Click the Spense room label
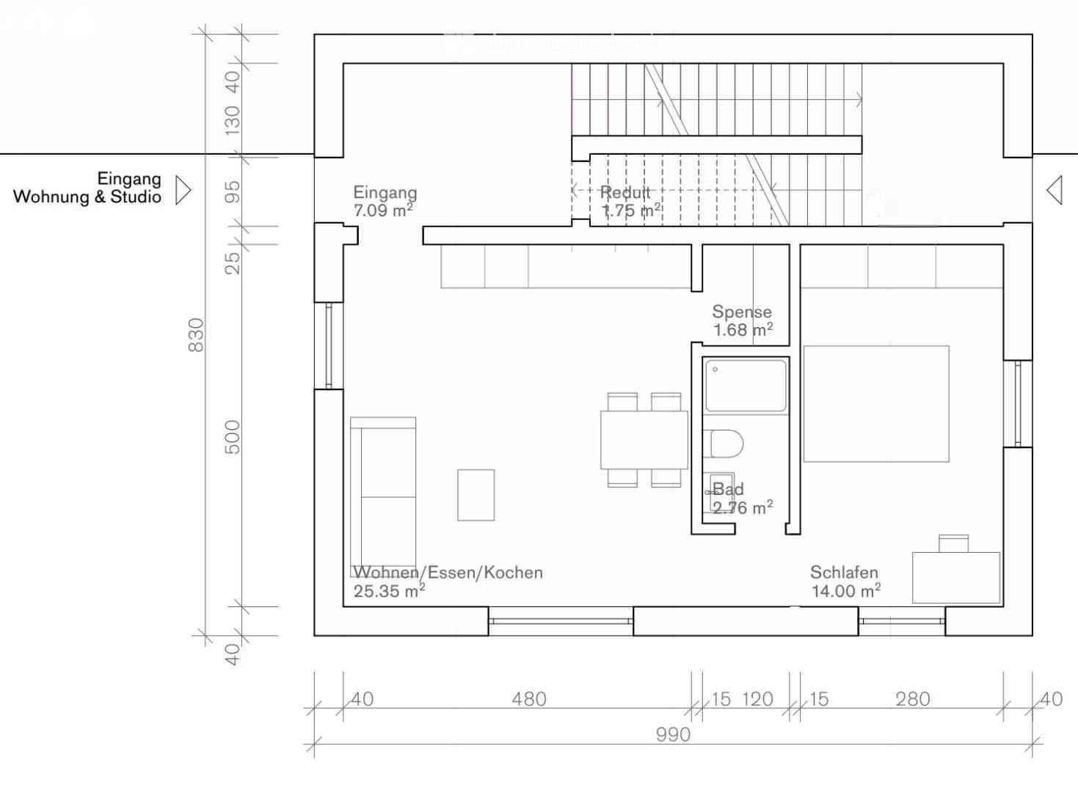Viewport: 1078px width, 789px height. click(741, 312)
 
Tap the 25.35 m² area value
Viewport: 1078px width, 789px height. click(389, 591)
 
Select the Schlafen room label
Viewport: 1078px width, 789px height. click(844, 572)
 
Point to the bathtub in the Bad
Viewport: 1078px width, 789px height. click(746, 386)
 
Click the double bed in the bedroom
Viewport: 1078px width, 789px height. click(875, 403)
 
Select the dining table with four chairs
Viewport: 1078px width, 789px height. click(644, 440)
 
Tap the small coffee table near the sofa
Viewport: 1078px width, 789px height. click(476, 495)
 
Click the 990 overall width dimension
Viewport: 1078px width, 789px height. click(673, 734)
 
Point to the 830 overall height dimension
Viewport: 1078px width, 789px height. click(197, 334)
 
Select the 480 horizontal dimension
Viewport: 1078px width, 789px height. click(528, 699)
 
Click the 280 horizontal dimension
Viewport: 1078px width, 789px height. click(912, 699)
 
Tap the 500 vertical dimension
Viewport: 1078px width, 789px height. click(232, 437)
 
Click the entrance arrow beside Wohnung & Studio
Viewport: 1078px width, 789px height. click(183, 190)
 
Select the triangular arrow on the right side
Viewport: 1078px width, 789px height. click(1055, 190)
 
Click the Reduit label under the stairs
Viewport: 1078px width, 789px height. click(625, 193)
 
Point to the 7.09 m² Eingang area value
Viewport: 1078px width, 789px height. click(382, 211)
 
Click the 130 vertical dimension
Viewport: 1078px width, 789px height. click(232, 120)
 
